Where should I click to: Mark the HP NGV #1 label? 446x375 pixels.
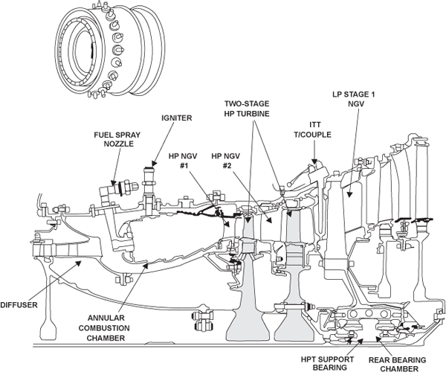(181, 162)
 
